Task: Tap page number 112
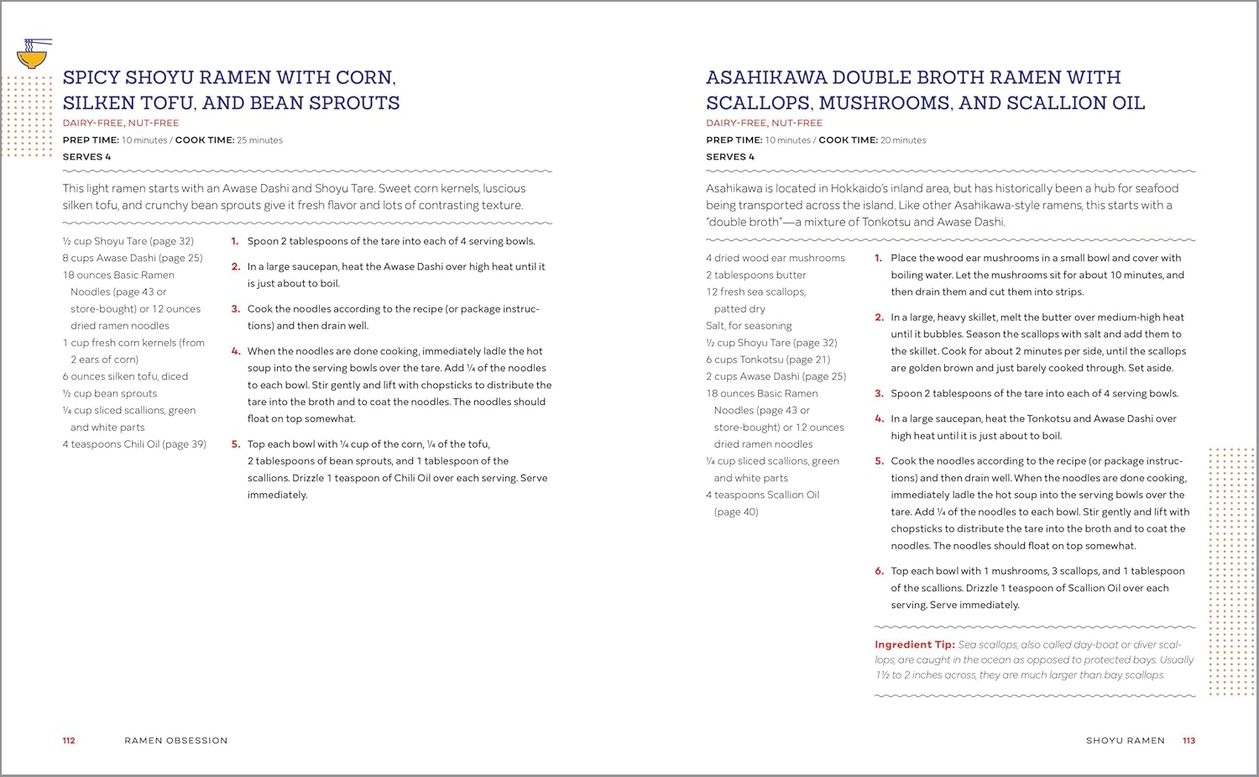[69, 741]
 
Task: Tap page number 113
[1188, 741]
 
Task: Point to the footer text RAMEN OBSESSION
[176, 741]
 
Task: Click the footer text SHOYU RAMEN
[1125, 741]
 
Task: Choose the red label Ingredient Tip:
[914, 644]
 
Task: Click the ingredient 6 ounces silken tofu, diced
[125, 376]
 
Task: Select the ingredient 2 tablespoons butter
[755, 275]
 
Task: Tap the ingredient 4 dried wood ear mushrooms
[775, 258]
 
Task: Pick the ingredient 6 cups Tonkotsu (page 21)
[767, 360]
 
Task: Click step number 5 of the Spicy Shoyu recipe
[235, 444]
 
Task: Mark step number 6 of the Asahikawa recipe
[879, 571]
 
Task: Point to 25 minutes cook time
[259, 140]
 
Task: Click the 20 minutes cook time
[903, 140]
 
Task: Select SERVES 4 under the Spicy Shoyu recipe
[86, 157]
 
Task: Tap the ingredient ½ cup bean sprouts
[109, 393]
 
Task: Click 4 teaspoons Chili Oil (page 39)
[133, 444]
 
